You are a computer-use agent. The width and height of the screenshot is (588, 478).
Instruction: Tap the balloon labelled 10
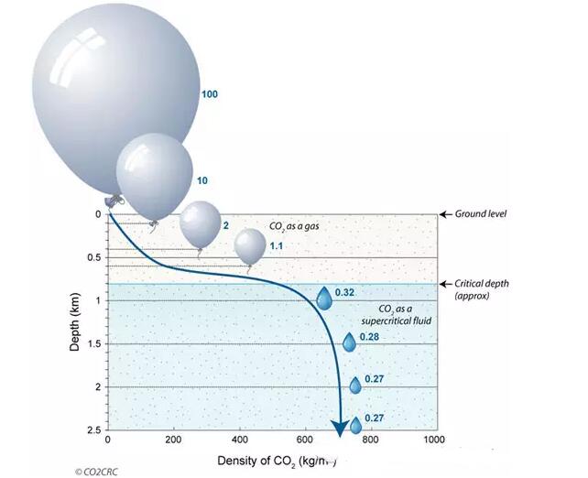[154, 174]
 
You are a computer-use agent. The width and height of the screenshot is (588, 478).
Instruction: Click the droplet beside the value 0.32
[323, 298]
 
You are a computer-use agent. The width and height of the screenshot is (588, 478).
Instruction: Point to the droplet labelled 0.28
[349, 342]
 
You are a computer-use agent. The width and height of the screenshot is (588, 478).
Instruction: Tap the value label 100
[210, 94]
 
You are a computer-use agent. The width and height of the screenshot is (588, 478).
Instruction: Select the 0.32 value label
[345, 292]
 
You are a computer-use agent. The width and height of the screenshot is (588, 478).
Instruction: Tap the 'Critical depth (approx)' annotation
[481, 289]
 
